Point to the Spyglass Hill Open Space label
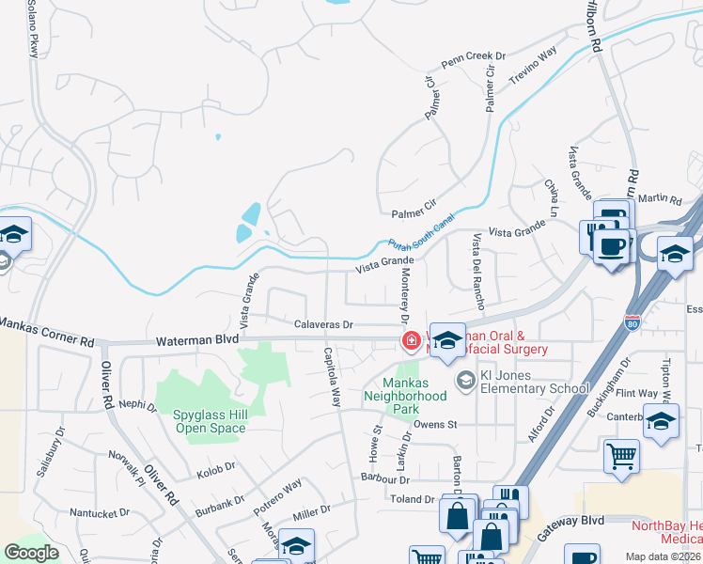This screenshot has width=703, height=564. pos(210,421)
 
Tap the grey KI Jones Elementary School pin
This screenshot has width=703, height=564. pos(464,380)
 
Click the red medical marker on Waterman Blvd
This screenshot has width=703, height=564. pos(411,340)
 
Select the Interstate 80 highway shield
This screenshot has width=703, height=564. pos(631,322)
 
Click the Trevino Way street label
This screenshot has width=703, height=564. pos(533,64)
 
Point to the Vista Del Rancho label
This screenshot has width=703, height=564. pos(476,260)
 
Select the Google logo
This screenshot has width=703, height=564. pos(32,553)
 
